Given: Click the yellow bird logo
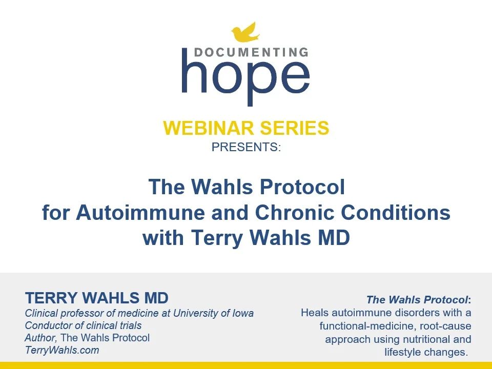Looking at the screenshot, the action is pos(245,32).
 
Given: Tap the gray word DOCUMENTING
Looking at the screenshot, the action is pos(251,52).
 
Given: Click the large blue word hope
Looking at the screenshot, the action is pos(245,77).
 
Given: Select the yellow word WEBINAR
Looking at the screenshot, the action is pos(209,128).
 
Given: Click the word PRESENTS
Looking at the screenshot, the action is pos(245,147).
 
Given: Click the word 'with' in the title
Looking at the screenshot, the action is pos(163,237).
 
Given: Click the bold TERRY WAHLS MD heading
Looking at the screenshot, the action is pos(97,298).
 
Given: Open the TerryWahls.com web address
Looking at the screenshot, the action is pos(62,350).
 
